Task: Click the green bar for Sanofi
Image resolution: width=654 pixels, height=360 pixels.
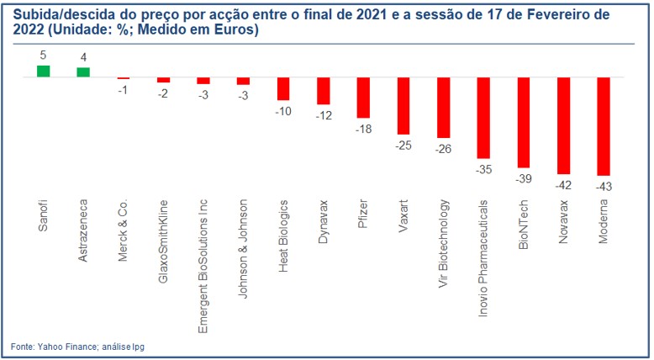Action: [x=43, y=71]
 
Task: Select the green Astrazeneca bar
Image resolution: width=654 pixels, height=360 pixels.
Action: [x=83, y=72]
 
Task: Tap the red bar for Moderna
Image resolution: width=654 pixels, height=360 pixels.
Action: [x=604, y=126]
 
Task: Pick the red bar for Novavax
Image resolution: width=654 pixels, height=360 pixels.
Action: [x=563, y=125]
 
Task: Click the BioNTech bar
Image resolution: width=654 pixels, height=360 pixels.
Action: [x=524, y=122]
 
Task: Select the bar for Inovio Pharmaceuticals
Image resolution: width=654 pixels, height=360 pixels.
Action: [x=483, y=118]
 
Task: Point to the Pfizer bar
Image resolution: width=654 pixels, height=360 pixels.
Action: [x=363, y=98]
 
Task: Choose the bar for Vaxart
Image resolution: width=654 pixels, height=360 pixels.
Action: [x=403, y=106]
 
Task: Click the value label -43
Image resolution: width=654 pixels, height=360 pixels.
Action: [x=604, y=186]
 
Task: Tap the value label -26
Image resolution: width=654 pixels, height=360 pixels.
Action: [x=443, y=148]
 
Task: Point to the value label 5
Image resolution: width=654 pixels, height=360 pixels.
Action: [x=43, y=56]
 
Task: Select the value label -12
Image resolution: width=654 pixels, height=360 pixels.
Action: [x=323, y=114]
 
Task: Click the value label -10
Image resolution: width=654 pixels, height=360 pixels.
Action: [x=283, y=111]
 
